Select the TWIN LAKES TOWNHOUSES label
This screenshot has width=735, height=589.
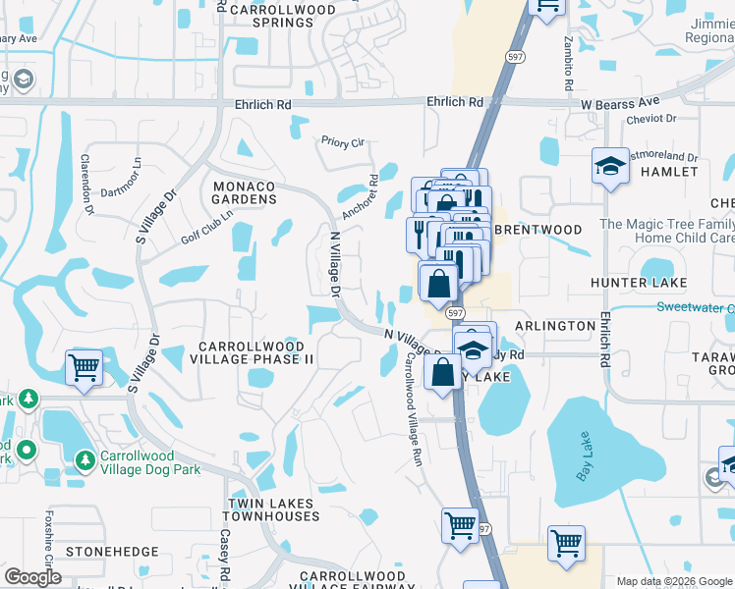pos(271,509)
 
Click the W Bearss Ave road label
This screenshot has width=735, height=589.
pos(621,102)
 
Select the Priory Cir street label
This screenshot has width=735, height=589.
pos(342,141)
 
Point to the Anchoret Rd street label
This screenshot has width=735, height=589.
pos(360,197)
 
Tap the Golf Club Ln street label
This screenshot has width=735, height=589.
pos(207,228)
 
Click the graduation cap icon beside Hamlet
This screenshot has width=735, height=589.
pos(610,165)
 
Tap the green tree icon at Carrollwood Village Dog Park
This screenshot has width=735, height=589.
pos(86,458)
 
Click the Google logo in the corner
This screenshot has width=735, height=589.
pos(32,577)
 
